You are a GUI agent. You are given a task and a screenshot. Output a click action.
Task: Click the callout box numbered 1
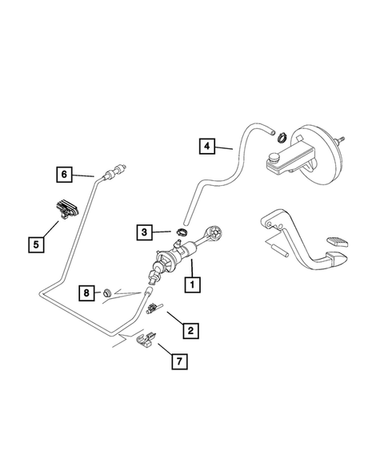click(x=191, y=284)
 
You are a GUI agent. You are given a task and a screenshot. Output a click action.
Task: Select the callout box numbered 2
click(x=190, y=329)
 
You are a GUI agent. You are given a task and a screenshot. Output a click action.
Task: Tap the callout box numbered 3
click(x=144, y=232)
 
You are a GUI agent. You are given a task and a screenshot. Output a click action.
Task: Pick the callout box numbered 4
click(x=206, y=146)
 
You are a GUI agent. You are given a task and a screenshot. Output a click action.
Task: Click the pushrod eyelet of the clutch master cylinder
click(x=217, y=234)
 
